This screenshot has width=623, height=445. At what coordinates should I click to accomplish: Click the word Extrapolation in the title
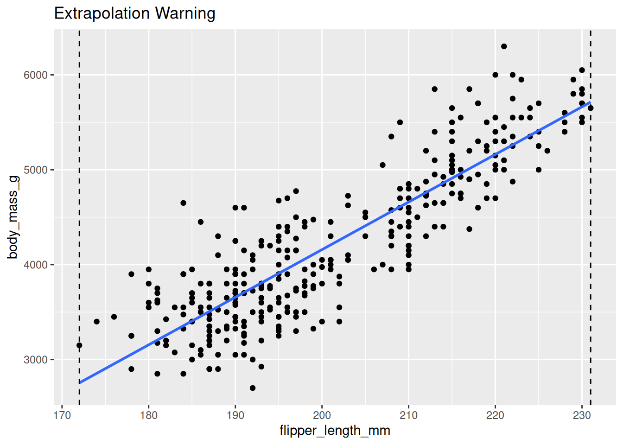pos(103,13)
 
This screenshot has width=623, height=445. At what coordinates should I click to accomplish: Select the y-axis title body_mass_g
pos(13,217)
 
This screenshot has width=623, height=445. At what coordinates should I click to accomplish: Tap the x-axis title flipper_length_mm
pos(335,431)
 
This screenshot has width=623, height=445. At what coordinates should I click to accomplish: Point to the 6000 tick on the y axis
pos(36,75)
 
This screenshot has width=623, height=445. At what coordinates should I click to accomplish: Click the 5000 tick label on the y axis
pos(36,170)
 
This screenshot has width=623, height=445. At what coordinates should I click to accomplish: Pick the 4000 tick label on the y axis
pos(36,265)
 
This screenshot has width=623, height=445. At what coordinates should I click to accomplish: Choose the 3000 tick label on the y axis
pos(36,360)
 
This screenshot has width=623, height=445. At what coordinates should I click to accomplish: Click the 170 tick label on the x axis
pos(62,415)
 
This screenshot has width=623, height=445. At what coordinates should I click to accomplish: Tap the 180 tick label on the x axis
pos(149,415)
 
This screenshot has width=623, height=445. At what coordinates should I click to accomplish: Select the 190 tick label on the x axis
pos(235,415)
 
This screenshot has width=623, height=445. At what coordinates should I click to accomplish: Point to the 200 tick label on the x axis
pos(322,415)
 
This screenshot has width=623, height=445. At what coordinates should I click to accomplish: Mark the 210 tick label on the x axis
pos(408,415)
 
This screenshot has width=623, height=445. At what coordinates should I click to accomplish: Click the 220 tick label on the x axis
pos(495,415)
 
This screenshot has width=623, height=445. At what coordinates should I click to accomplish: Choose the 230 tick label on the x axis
pos(582,415)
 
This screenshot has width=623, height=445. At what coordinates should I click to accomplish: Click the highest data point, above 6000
pos(504,46)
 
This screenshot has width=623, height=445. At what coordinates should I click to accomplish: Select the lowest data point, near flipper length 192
pos(253,388)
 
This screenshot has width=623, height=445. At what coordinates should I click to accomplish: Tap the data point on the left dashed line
pos(79,345)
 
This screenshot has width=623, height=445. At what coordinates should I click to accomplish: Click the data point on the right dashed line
pos(591,108)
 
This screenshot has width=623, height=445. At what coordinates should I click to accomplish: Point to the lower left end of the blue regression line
pos(80,382)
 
